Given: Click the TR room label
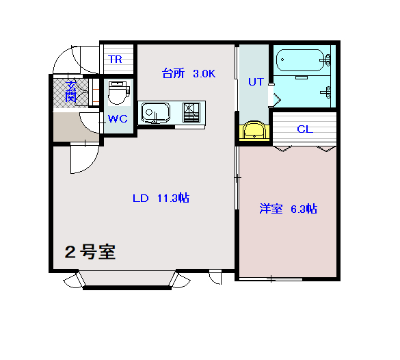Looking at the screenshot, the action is (116, 60).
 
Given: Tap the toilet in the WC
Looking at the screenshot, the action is (119, 92).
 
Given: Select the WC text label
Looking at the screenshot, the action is (118, 118).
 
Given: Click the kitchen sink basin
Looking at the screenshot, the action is (155, 113).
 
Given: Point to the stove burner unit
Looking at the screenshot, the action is (191, 112).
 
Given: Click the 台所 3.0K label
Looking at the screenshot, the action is (189, 73).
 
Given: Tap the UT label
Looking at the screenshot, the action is (256, 82).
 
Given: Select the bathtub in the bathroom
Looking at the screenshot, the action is (300, 60).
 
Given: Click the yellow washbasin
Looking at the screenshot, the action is (254, 131).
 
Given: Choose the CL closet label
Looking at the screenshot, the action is (305, 129).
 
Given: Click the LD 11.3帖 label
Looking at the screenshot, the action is (161, 198).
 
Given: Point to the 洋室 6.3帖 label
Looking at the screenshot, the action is (289, 209).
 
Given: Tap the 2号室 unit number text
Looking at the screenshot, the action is (90, 252).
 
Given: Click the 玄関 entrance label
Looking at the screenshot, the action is (71, 91).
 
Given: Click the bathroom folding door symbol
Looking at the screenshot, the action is (277, 99).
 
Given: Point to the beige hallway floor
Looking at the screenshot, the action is (76, 127).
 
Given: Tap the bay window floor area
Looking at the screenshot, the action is (126, 278).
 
